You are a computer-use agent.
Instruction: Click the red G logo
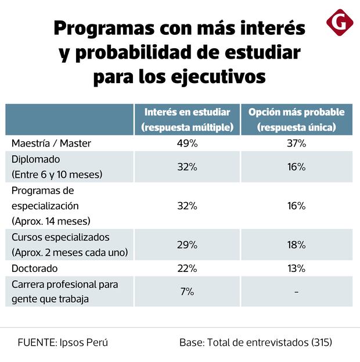coord(340,22)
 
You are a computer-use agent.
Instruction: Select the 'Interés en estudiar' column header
coord(187,119)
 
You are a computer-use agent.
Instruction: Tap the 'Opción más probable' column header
coord(296,119)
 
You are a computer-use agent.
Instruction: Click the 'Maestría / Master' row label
coord(51,143)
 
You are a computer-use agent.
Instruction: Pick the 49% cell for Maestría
coord(187,143)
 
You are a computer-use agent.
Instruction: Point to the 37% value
coord(296,143)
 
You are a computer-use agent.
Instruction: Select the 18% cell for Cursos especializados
coord(296,245)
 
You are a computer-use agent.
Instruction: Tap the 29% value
coord(187,245)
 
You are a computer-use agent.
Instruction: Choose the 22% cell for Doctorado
coord(187,268)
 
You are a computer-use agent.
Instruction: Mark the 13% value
coord(296,268)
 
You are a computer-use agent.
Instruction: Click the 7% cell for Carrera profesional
coord(187,292)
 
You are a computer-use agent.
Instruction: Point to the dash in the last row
coord(296,292)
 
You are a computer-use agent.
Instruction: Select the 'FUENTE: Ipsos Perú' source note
coord(63,342)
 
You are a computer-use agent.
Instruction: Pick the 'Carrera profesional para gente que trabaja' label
coord(64,292)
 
